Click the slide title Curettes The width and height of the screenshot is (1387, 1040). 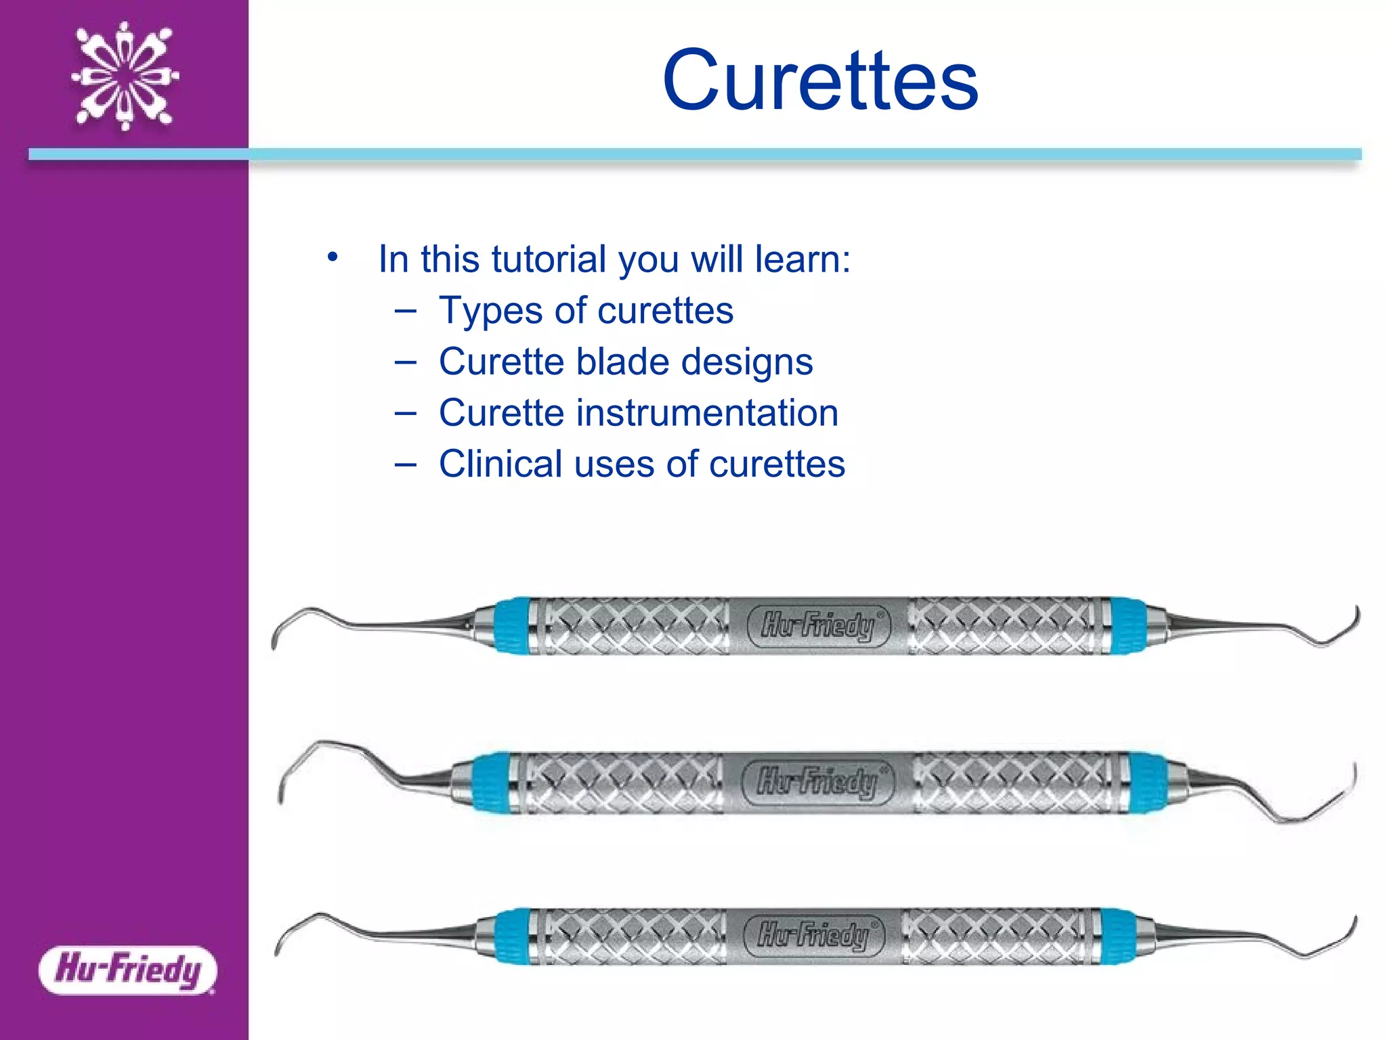tap(820, 81)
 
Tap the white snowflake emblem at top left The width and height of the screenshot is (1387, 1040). tap(125, 76)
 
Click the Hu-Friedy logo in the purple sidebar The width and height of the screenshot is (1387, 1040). tap(128, 970)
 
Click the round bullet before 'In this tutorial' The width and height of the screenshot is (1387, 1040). tap(332, 257)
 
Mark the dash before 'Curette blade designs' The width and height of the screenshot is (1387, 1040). tap(405, 362)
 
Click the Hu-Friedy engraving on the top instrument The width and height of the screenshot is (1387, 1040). tap(819, 625)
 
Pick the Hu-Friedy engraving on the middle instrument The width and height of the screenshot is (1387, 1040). tap(817, 781)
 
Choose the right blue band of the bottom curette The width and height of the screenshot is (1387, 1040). tap(1119, 936)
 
